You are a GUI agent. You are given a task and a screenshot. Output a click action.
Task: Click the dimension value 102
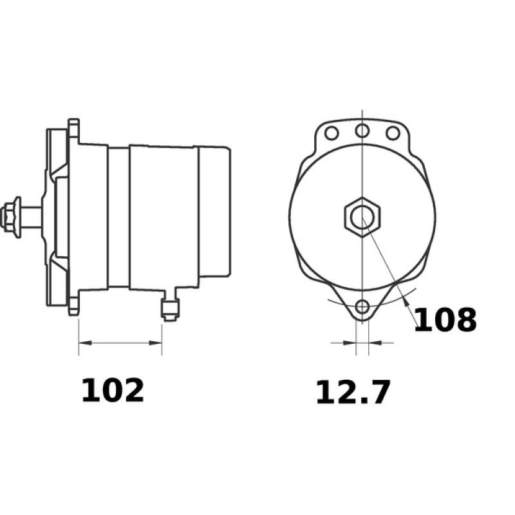[x=113, y=391]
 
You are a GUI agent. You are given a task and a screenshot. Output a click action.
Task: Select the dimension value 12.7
[x=353, y=393]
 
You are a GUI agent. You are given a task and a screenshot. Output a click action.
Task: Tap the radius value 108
[x=445, y=320]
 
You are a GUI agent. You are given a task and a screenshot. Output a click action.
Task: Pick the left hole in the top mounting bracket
[x=332, y=133]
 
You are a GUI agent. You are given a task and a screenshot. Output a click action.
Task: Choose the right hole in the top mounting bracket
[x=392, y=133]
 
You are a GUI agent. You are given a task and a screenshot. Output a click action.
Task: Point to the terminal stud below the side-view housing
[x=169, y=307]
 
